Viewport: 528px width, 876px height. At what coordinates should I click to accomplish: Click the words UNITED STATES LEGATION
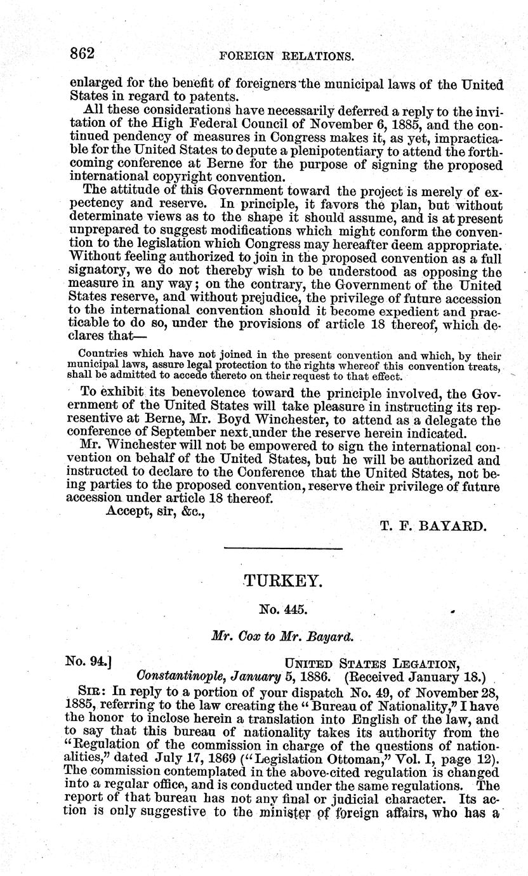click(372, 664)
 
